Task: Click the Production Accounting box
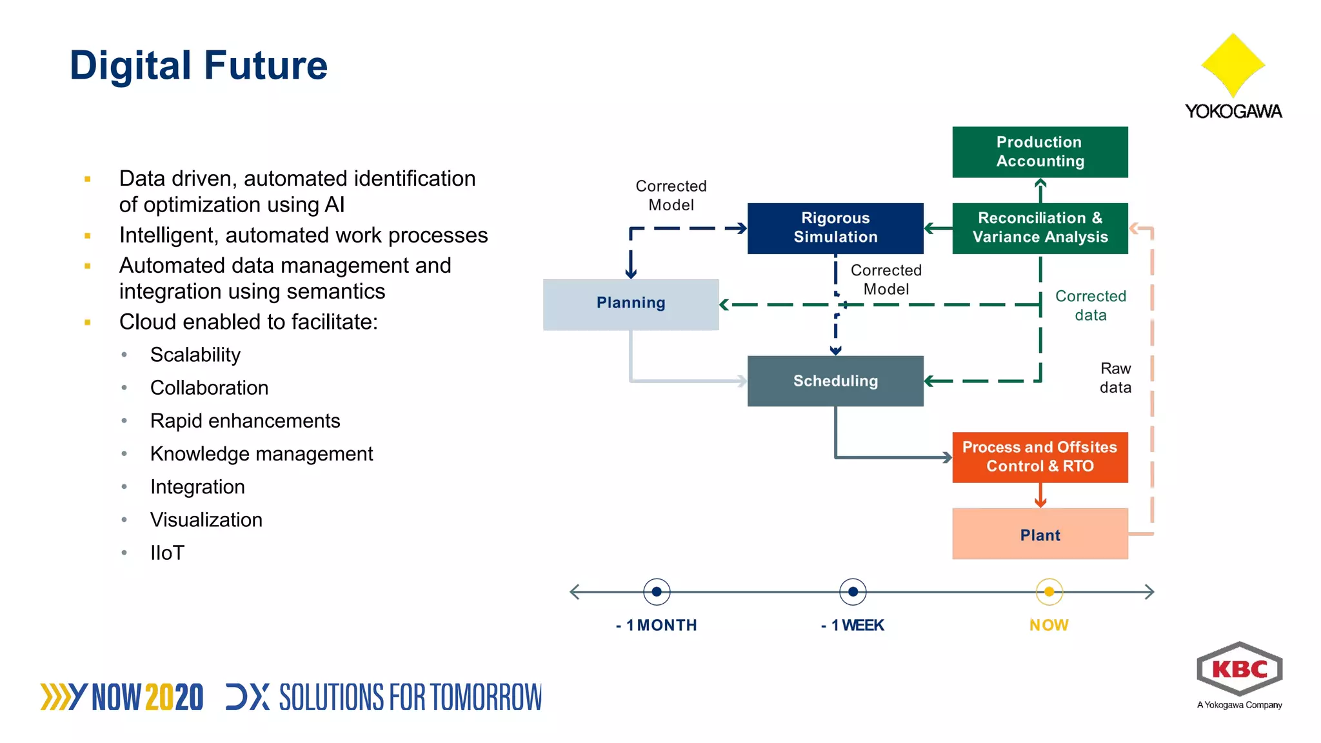[1040, 152]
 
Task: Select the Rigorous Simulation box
[835, 228]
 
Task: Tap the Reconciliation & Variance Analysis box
[1040, 228]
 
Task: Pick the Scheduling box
[835, 381]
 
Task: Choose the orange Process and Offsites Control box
[1040, 457]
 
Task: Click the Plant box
[1040, 534]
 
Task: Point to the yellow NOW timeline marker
[1049, 591]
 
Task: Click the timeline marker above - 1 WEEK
[853, 591]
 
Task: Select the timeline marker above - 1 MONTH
[657, 591]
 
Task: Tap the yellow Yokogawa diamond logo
[1233, 64]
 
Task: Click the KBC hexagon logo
[1239, 669]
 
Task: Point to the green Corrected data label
[1090, 306]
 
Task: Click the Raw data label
[1115, 378]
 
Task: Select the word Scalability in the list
[195, 355]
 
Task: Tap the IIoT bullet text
[167, 553]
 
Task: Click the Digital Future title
[199, 65]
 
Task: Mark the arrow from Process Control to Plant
[1040, 495]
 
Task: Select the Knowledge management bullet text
[261, 454]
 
